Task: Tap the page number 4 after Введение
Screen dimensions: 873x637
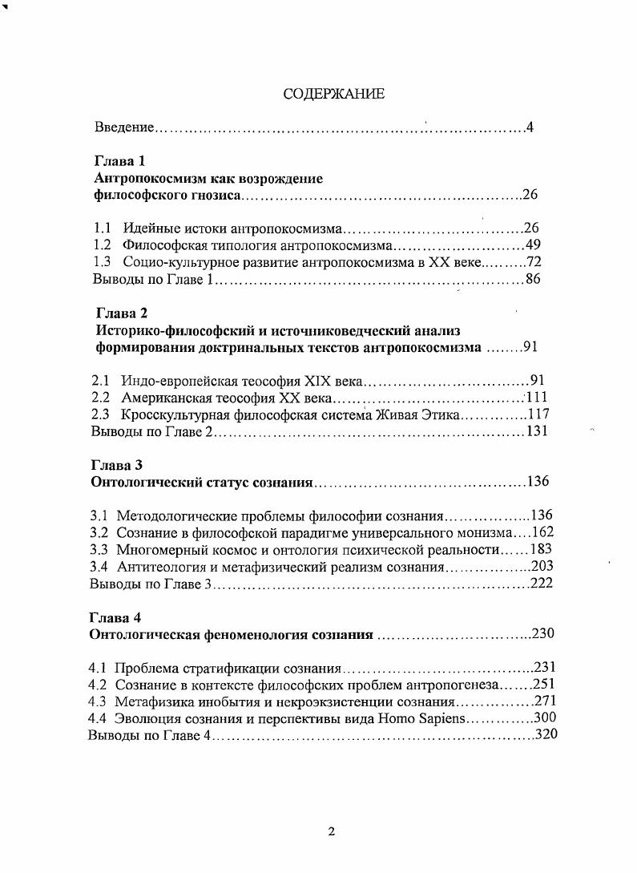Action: tap(530, 127)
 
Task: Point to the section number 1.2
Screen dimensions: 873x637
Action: tap(101, 245)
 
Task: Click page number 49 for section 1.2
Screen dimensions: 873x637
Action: tap(534, 245)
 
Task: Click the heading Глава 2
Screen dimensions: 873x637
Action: tap(121, 313)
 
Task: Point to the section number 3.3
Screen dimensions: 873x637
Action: tap(99, 549)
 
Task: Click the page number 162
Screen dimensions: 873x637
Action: tap(542, 531)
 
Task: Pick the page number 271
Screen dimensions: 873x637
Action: tap(544, 701)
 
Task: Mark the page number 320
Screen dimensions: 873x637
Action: tap(546, 735)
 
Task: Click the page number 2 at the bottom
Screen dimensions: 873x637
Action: tap(331, 831)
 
